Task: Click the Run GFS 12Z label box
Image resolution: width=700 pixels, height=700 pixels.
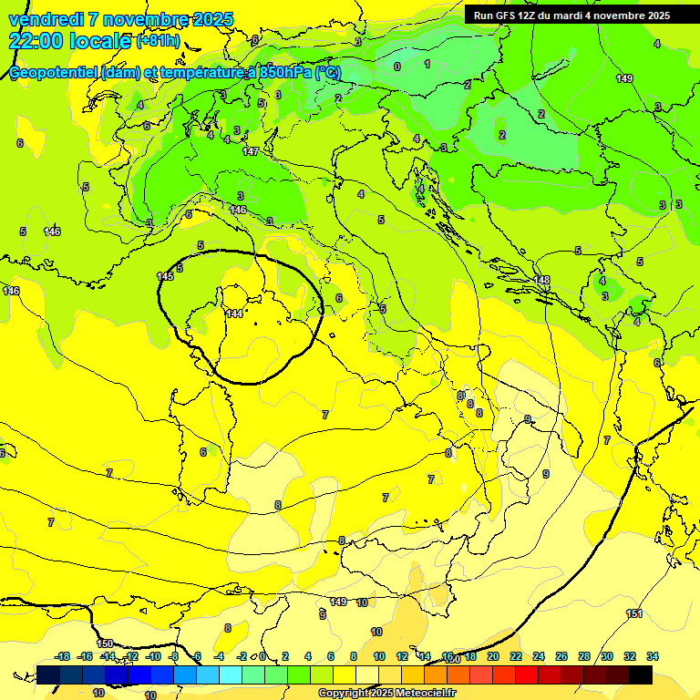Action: click(x=571, y=15)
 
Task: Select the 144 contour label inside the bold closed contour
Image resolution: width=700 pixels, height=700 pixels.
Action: click(x=234, y=314)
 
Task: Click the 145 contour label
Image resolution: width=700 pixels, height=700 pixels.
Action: click(x=165, y=276)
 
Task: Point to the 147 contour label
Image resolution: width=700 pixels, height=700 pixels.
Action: click(x=251, y=151)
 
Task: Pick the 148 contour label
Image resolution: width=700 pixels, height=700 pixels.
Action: click(x=542, y=280)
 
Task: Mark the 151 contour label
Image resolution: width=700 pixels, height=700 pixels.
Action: click(x=634, y=613)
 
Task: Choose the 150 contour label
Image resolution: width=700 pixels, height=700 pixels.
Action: click(x=105, y=643)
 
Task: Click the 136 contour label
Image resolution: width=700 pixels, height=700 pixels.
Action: click(x=11, y=291)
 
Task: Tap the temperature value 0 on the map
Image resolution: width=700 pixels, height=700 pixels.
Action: click(x=397, y=67)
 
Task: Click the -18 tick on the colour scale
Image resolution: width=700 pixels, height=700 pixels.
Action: click(x=63, y=656)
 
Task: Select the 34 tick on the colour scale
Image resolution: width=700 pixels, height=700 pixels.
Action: click(x=653, y=656)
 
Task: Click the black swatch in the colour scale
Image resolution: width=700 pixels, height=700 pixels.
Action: click(x=641, y=674)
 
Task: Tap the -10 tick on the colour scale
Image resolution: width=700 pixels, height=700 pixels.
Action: click(x=153, y=656)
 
